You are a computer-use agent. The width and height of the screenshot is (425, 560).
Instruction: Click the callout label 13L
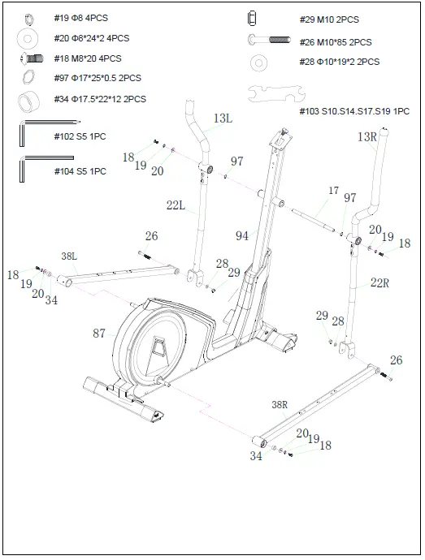pyautogui.click(x=223, y=118)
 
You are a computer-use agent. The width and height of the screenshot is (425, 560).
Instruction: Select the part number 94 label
pyautogui.click(x=242, y=236)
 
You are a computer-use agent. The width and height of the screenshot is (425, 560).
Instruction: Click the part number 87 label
pyautogui.click(x=100, y=333)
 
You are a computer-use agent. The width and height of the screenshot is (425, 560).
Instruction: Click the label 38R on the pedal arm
pyautogui.click(x=280, y=404)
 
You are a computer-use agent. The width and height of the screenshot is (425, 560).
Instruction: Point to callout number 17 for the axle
pyautogui.click(x=333, y=191)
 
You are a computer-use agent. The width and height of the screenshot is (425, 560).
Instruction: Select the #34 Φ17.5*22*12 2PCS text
pyautogui.click(x=100, y=99)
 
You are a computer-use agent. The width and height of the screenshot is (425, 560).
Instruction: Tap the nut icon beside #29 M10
pyautogui.click(x=252, y=18)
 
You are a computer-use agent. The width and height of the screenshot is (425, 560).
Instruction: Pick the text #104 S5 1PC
pyautogui.click(x=80, y=171)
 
